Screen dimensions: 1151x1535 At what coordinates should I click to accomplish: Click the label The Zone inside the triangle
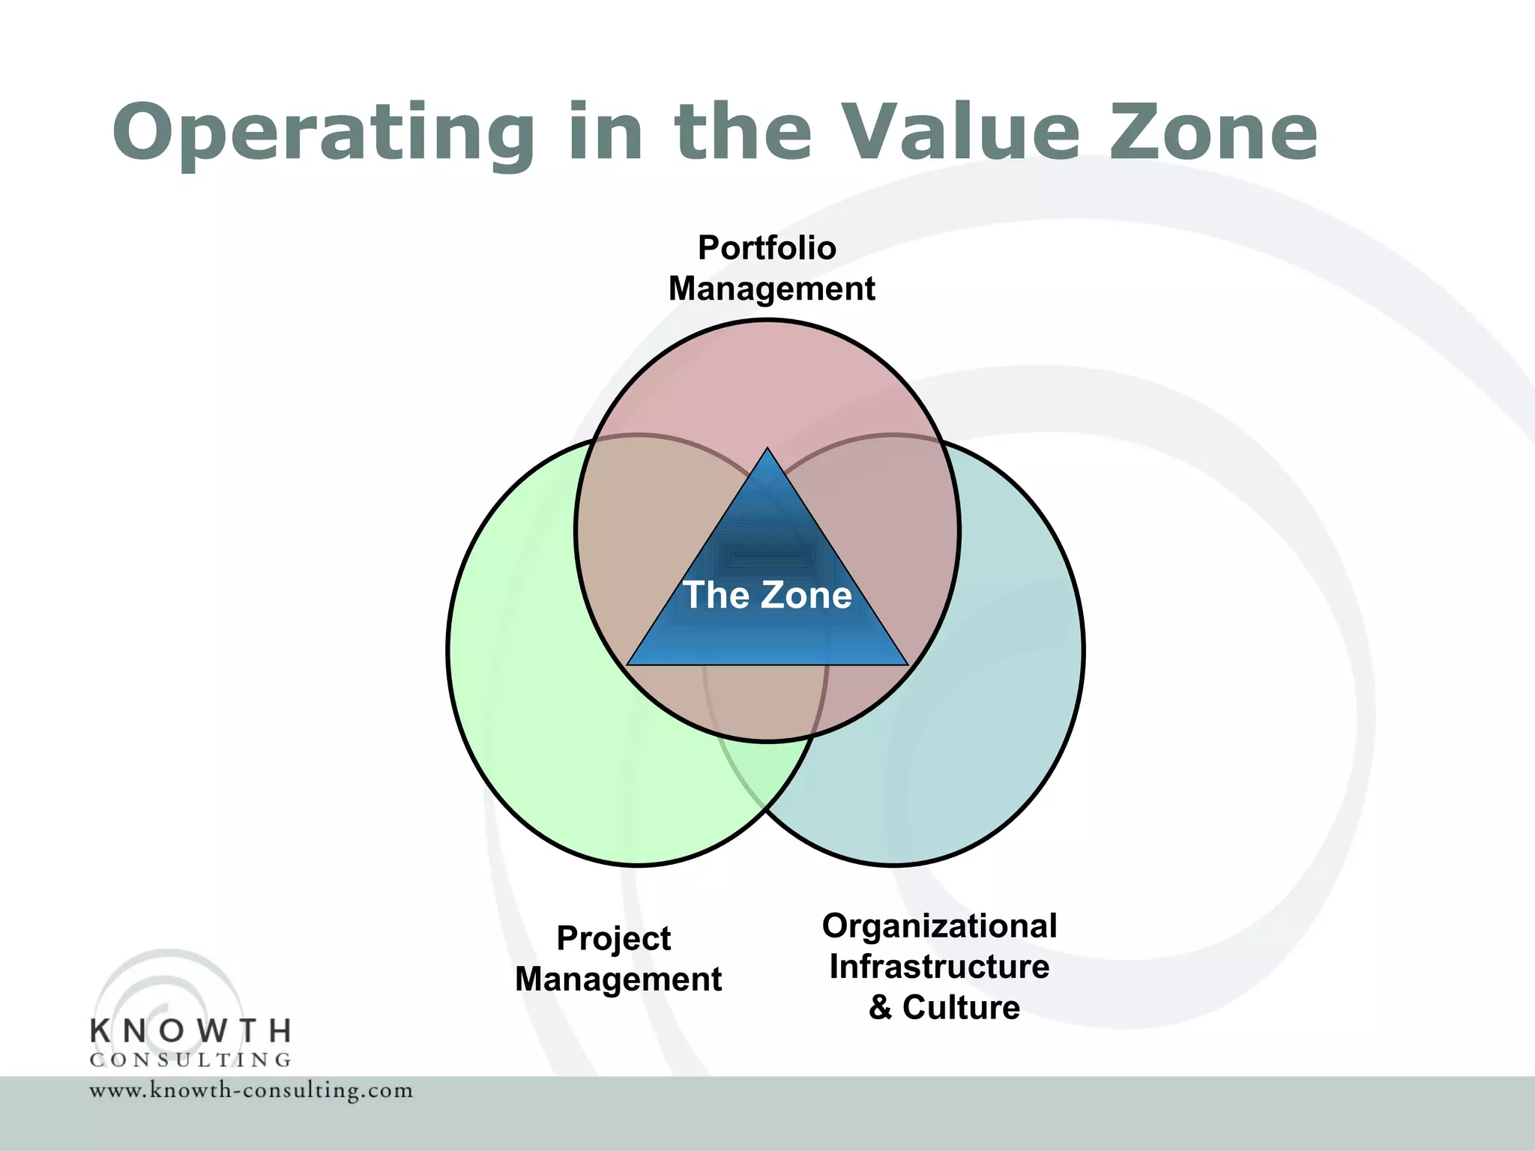767,595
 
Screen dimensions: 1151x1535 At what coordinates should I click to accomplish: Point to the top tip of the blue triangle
767,450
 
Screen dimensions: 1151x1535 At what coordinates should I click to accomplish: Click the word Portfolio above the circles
767,248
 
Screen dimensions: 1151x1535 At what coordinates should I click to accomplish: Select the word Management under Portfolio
771,288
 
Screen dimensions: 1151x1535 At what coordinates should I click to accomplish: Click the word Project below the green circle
613,939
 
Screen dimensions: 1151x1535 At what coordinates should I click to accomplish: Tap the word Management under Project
618,979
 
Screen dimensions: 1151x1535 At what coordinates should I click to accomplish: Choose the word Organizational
939,926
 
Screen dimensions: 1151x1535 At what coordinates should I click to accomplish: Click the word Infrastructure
939,967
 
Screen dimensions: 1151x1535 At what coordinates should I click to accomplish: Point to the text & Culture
944,1007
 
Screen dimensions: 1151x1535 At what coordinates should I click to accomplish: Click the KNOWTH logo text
190,1031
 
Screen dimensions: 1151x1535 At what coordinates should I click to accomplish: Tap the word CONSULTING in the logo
190,1060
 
